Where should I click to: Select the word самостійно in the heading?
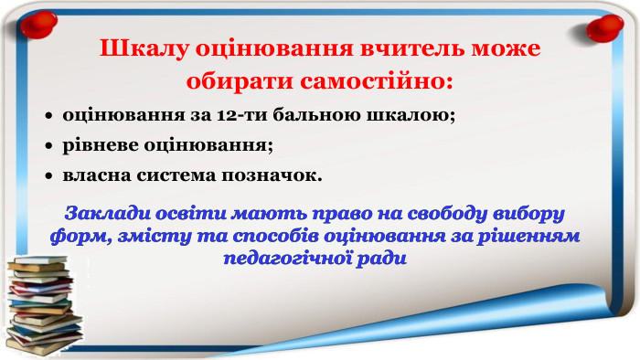pos(378,80)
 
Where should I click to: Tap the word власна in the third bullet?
pos(94,173)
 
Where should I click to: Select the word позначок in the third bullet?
pos(275,173)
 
